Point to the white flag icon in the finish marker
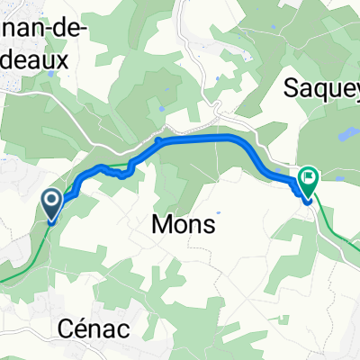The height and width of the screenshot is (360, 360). click(x=309, y=177)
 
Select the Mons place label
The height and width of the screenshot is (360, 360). click(x=183, y=225)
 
